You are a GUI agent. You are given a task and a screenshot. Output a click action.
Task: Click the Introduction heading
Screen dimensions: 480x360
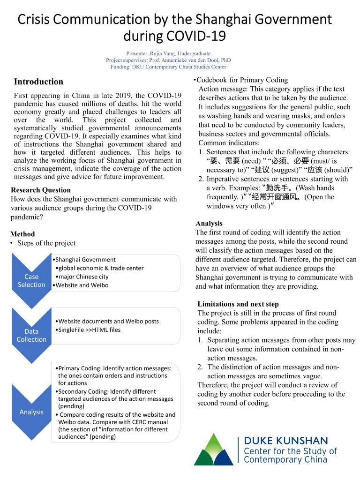click(x=38, y=82)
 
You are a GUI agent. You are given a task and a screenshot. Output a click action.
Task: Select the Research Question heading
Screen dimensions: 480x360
click(x=41, y=190)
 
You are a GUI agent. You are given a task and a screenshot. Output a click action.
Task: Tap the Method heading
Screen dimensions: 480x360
click(x=22, y=234)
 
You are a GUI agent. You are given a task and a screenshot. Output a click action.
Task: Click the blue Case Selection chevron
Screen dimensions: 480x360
click(x=31, y=280)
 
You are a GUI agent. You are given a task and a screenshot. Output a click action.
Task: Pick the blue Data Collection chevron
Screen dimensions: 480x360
click(x=31, y=335)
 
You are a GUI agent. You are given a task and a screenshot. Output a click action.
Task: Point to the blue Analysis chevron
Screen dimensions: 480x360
click(x=31, y=412)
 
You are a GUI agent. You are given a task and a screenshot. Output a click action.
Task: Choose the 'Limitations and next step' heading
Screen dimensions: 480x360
click(x=238, y=304)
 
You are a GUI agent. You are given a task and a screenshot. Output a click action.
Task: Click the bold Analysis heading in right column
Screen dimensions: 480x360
click(x=209, y=224)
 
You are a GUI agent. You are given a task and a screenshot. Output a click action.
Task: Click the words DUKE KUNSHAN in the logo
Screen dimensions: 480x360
click(x=286, y=441)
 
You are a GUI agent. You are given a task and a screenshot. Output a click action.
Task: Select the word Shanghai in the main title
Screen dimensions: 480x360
click(x=227, y=19)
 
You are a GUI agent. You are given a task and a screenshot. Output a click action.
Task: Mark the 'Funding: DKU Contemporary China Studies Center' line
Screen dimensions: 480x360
click(x=168, y=67)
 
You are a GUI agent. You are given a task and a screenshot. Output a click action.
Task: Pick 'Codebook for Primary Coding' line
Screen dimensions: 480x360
click(x=242, y=80)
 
